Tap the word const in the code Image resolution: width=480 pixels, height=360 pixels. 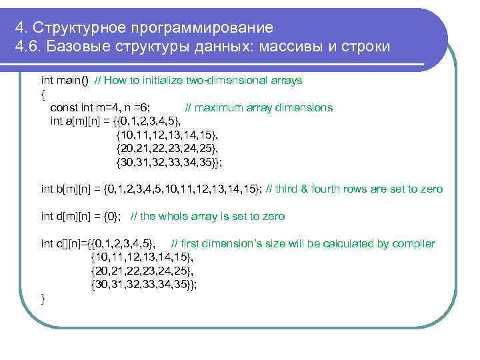coord(64,107)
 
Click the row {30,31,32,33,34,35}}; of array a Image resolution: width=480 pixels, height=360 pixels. coord(169,162)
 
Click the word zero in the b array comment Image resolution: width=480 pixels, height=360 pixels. coord(431,189)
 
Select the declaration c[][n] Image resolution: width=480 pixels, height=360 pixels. coord(71,244)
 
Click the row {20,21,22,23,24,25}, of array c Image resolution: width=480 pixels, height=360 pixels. coord(142,271)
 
